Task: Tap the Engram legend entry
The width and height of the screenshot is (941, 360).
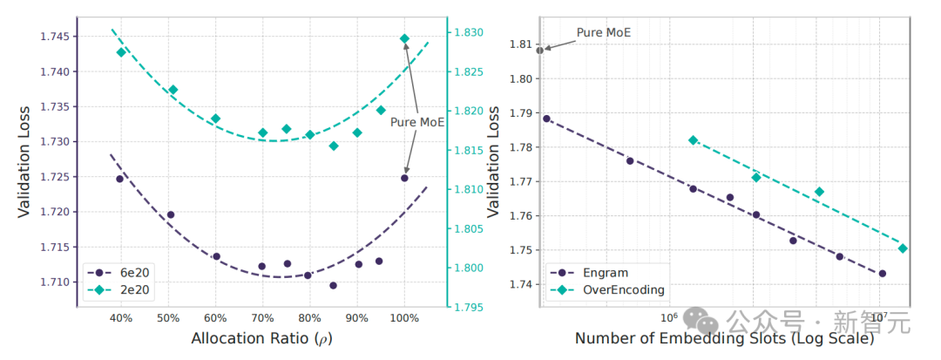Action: pyautogui.click(x=589, y=273)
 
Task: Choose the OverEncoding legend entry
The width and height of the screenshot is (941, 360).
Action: pyautogui.click(x=607, y=290)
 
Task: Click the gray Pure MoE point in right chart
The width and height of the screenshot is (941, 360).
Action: pyautogui.click(x=539, y=50)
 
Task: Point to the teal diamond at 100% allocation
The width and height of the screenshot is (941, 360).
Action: pyautogui.click(x=404, y=38)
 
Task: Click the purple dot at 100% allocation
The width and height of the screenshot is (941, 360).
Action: pyautogui.click(x=404, y=178)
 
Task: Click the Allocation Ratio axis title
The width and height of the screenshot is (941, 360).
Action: pyautogui.click(x=262, y=339)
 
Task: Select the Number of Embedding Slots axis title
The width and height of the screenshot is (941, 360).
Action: pyautogui.click(x=724, y=339)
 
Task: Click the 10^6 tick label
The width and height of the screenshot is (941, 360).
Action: pyautogui.click(x=668, y=316)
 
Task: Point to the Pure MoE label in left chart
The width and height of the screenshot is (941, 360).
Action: pyautogui.click(x=417, y=122)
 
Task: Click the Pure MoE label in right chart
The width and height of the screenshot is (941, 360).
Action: pyautogui.click(x=604, y=32)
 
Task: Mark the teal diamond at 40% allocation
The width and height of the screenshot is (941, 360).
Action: pyautogui.click(x=120, y=52)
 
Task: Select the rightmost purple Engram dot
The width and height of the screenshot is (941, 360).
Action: pyautogui.click(x=882, y=273)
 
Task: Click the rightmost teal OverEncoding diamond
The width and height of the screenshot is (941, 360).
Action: pyautogui.click(x=903, y=248)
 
